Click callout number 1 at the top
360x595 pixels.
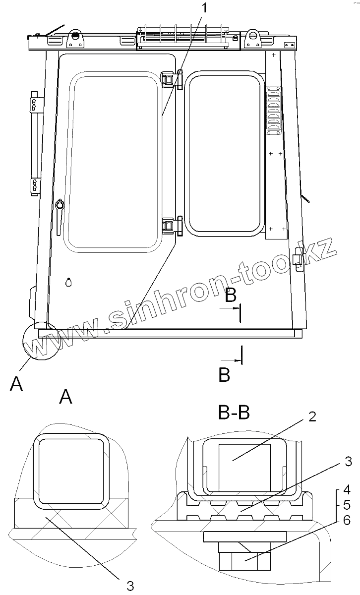click(x=204, y=8)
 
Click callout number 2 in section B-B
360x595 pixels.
click(x=312, y=417)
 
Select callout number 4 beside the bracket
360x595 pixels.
click(x=347, y=490)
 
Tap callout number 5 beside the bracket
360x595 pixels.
click(x=347, y=505)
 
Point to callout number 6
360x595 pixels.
click(x=347, y=520)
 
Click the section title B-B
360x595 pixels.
click(x=234, y=413)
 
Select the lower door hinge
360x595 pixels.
click(x=172, y=226)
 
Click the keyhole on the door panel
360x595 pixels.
click(x=68, y=282)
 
